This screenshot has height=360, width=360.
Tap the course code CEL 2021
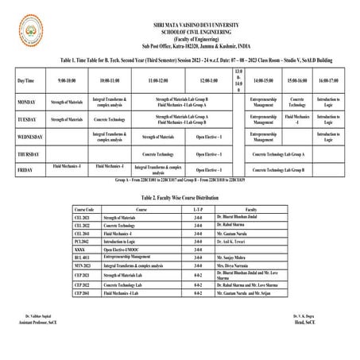[x=83, y=216]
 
